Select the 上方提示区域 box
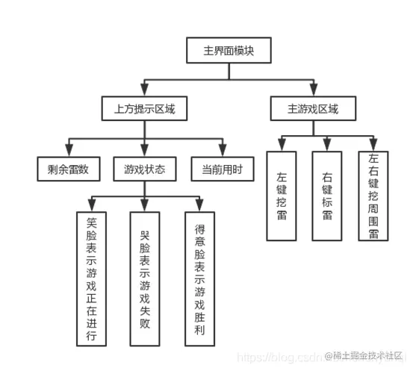(x=144, y=109)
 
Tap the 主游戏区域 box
(x=312, y=109)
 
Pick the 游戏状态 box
(x=144, y=169)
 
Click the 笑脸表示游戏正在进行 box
(x=91, y=279)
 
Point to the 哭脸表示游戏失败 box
(x=145, y=279)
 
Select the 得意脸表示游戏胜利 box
(x=199, y=279)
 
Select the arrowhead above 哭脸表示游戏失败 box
(x=144, y=206)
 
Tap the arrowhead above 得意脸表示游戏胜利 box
(x=199, y=206)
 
